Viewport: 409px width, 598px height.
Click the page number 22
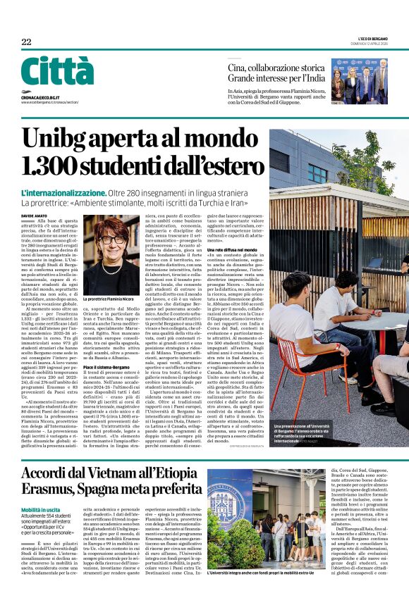[26, 43]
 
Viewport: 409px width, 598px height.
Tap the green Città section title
[56, 71]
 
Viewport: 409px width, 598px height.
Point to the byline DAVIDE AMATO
[34, 216]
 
